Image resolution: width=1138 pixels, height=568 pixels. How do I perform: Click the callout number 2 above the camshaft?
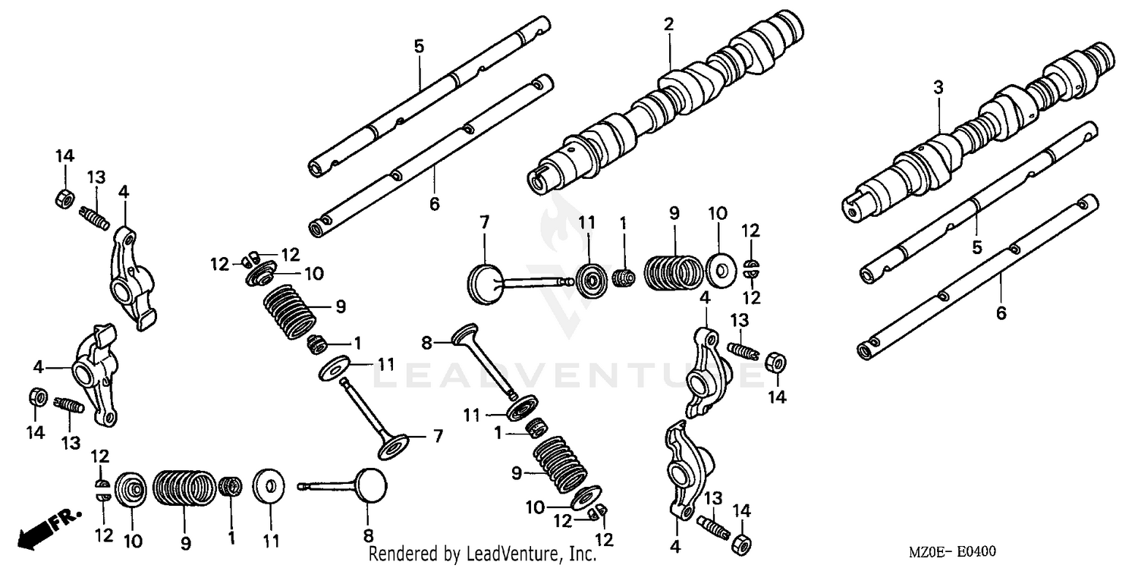(x=668, y=24)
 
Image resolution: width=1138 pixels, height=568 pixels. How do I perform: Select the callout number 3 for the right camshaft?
(x=938, y=88)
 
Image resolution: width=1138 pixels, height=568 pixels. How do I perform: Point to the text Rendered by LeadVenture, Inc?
(x=483, y=554)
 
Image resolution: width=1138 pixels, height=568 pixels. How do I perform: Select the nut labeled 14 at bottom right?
(x=742, y=541)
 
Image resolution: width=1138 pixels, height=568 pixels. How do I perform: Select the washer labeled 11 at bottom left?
(x=269, y=486)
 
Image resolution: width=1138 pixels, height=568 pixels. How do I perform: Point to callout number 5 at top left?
(x=419, y=46)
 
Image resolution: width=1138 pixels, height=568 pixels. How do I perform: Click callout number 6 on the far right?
(x=1001, y=312)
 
